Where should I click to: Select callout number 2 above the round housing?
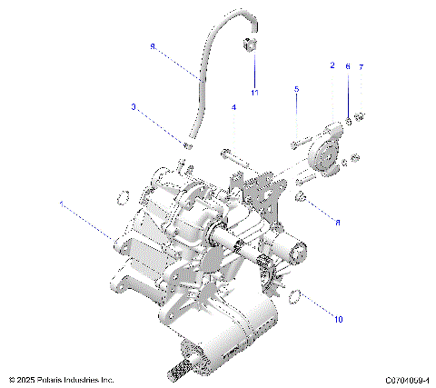pyautogui.click(x=332, y=66)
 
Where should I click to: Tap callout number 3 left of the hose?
pyautogui.click(x=134, y=107)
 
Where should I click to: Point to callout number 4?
pyautogui.click(x=233, y=108)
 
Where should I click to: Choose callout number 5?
pyautogui.click(x=296, y=88)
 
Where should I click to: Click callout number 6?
pyautogui.click(x=347, y=67)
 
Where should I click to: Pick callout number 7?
pyautogui.click(x=361, y=67)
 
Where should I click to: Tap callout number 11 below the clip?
pyautogui.click(x=255, y=94)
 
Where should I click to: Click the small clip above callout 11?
pyautogui.click(x=248, y=46)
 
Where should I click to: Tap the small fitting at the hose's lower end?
pyautogui.click(x=186, y=145)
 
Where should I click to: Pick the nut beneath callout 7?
pyautogui.click(x=360, y=115)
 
